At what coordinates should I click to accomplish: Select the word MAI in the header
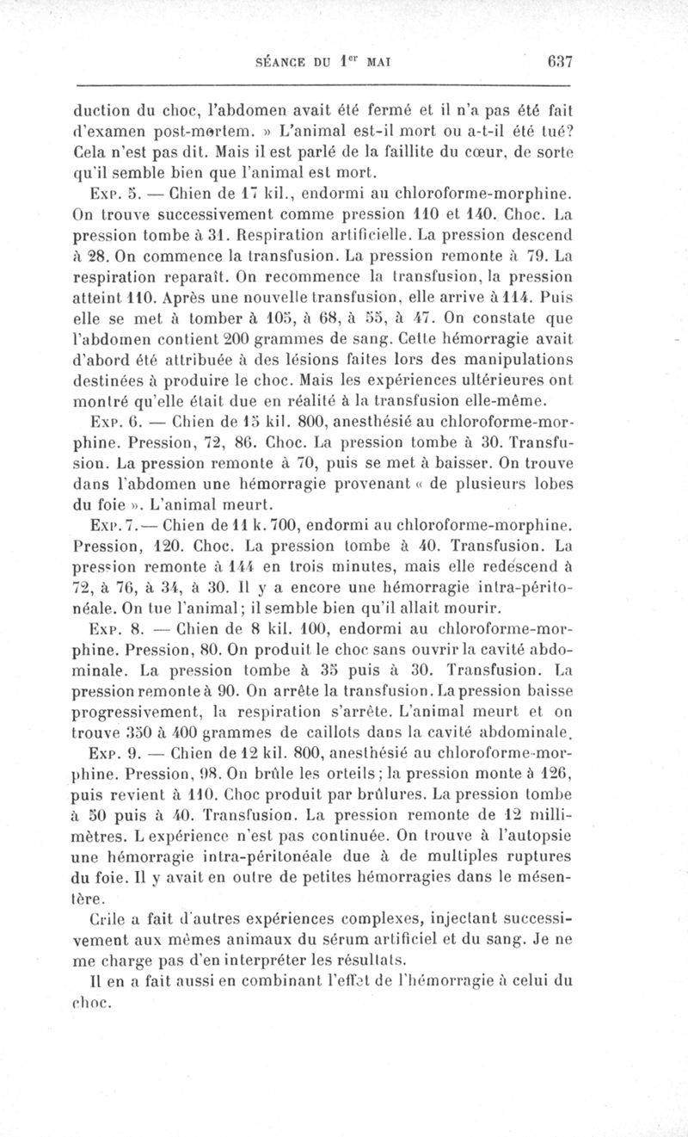click(378, 62)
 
